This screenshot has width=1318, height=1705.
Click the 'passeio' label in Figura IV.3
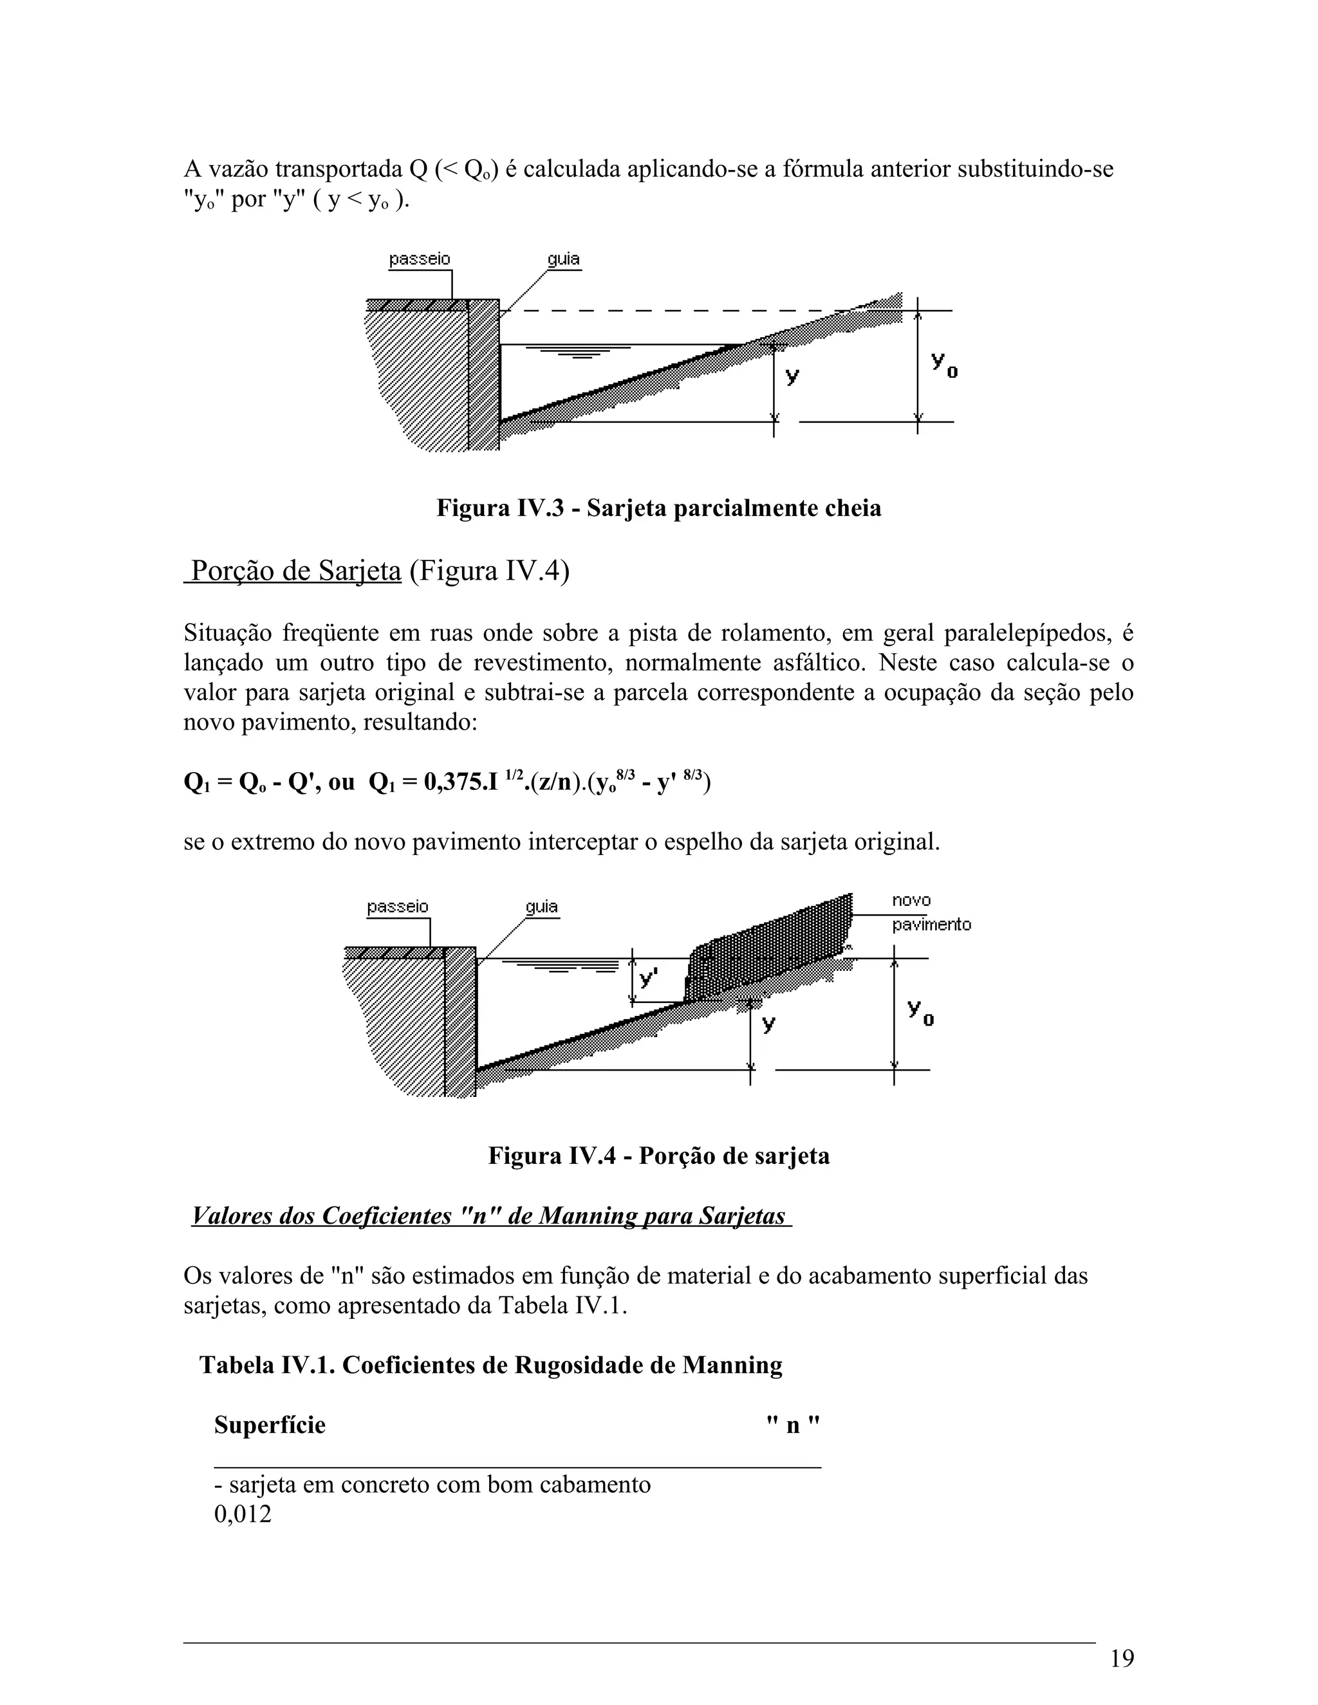420,259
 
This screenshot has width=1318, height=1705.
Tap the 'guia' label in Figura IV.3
563,259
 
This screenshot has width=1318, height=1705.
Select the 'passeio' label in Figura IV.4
398,907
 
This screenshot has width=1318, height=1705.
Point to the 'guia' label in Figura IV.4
541,907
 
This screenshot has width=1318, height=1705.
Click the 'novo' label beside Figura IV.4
911,901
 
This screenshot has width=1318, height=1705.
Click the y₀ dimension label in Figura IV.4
920,1012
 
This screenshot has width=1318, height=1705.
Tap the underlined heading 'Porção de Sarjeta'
295,571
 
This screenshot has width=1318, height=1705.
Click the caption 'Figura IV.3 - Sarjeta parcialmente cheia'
658,508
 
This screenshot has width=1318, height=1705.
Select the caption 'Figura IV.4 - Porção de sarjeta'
658,1156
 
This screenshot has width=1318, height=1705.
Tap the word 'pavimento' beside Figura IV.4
931,925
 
